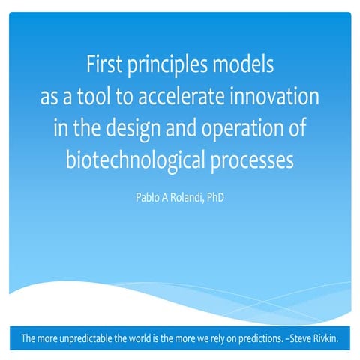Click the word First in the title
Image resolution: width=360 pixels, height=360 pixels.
click(x=104, y=67)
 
